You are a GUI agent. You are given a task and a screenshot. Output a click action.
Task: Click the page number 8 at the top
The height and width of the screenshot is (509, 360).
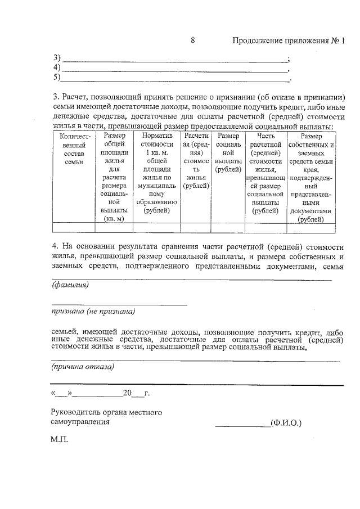(x=193, y=40)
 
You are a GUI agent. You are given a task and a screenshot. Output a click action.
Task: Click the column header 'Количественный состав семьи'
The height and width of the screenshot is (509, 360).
(x=74, y=148)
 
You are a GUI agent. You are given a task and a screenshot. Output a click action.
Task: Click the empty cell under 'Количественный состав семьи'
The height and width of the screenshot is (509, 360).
(x=74, y=227)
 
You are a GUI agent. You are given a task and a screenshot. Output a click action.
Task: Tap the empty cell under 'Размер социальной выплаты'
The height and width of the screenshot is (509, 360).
(x=228, y=227)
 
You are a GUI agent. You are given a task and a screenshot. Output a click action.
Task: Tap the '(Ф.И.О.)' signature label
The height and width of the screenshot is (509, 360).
(x=286, y=422)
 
